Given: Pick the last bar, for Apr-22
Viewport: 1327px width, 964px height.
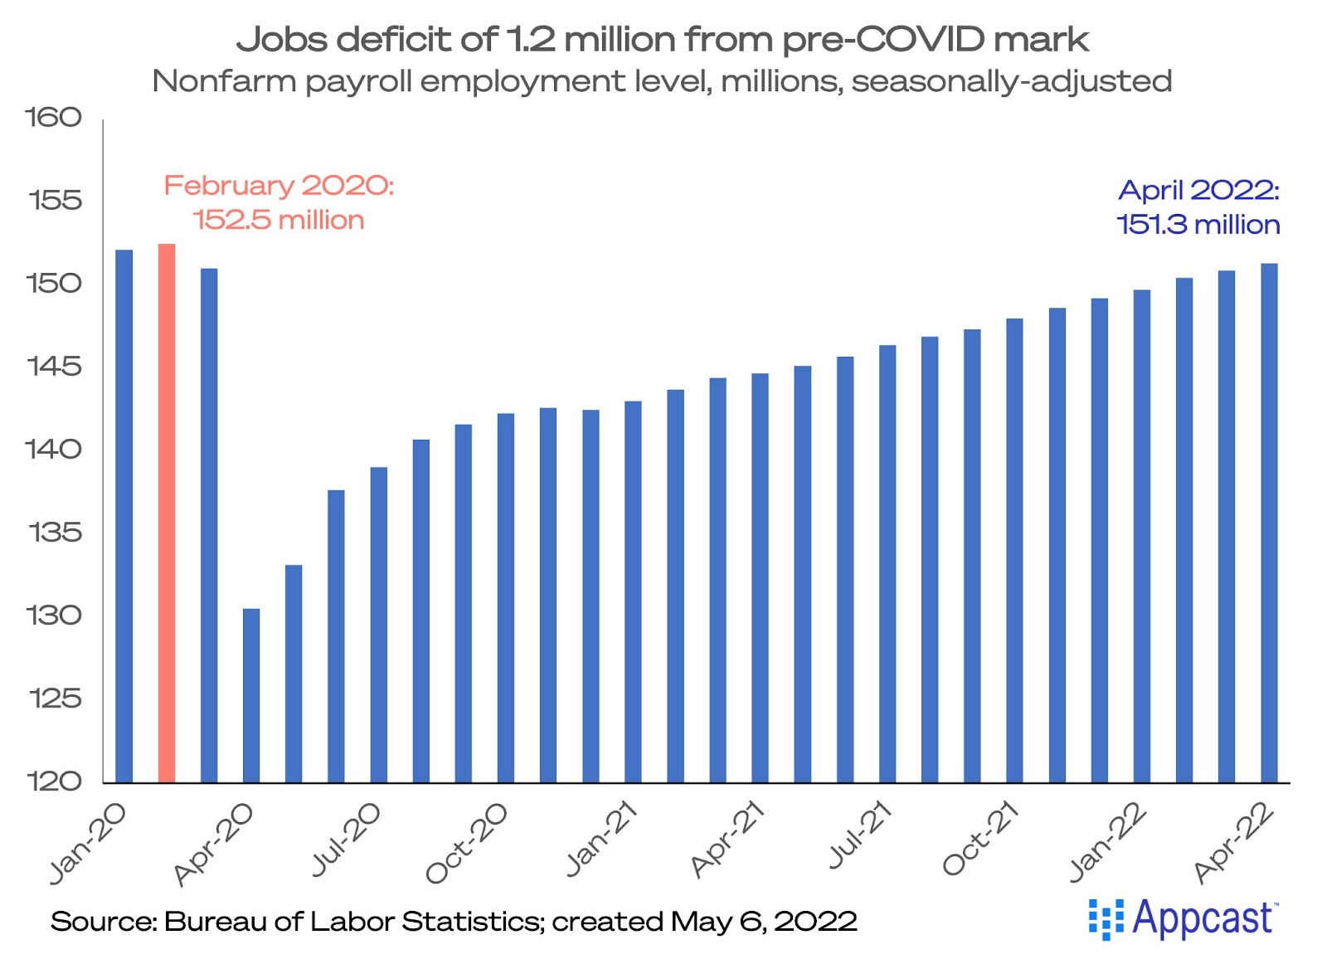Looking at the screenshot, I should tap(1269, 523).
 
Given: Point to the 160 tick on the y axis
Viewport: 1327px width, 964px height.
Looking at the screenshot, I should tap(54, 118).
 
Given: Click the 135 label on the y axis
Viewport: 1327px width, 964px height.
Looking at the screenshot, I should tap(55, 533).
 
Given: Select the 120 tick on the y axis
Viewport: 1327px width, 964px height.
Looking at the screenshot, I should tap(55, 781).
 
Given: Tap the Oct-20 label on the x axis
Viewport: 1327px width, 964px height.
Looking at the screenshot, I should tap(466, 843).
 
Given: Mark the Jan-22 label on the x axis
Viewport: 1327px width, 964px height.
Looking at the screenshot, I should tap(1107, 842).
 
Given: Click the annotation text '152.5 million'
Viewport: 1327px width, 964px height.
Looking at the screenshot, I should tap(279, 221).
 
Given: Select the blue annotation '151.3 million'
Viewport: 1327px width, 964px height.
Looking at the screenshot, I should tap(1198, 225).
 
